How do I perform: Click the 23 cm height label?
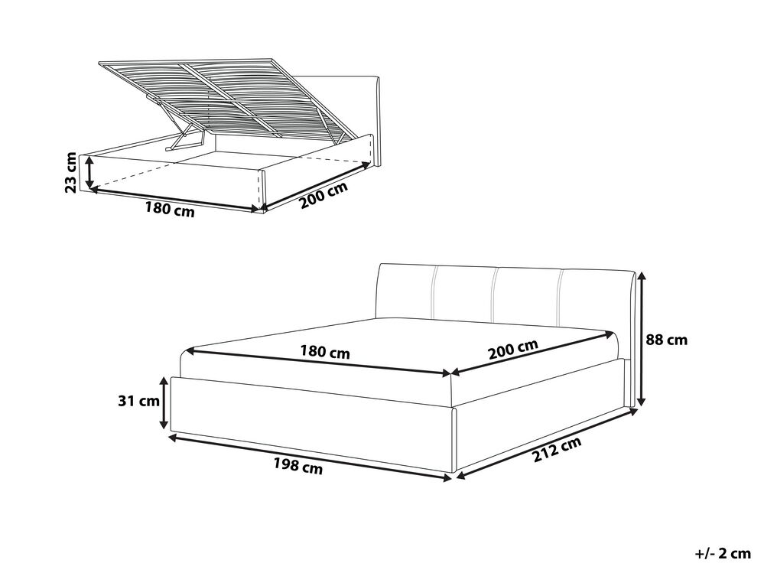pyautogui.click(x=71, y=172)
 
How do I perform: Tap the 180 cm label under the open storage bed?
pyautogui.click(x=170, y=210)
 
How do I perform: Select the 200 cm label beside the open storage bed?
pyautogui.click(x=323, y=195)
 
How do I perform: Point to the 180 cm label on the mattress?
pyautogui.click(x=325, y=351)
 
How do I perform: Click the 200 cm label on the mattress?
pyautogui.click(x=513, y=350)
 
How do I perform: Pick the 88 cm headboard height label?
pyautogui.click(x=667, y=340)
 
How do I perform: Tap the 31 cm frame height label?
pyautogui.click(x=139, y=401)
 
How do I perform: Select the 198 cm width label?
pyautogui.click(x=297, y=466)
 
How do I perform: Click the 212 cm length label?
pyautogui.click(x=557, y=450)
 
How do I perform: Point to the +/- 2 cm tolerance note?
pyautogui.click(x=723, y=553)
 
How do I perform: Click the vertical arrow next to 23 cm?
pyautogui.click(x=89, y=172)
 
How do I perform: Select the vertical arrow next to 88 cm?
pyautogui.click(x=641, y=339)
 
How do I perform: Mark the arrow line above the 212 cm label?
pyautogui.click(x=546, y=443)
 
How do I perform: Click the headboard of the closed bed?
pyautogui.click(x=507, y=312)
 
